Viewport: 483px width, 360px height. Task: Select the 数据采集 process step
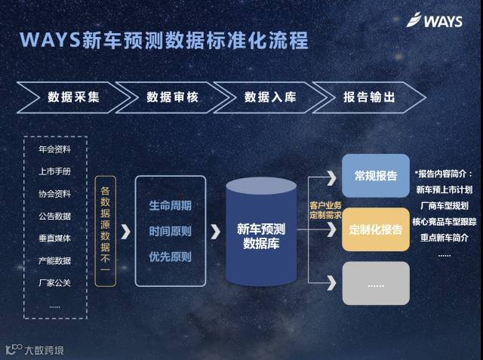73,97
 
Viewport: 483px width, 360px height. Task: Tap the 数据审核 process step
172,97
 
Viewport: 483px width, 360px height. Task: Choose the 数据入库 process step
270,97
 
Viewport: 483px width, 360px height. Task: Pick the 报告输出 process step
369,97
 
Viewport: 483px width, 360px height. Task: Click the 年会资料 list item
54,149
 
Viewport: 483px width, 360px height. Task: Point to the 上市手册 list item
54,171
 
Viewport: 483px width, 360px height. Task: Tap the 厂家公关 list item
54,283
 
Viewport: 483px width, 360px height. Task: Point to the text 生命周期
170,205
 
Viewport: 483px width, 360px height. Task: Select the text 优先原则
170,257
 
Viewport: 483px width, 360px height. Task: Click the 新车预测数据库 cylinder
261,234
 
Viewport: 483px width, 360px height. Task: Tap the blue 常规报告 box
375,176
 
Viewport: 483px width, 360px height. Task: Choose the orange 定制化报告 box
375,229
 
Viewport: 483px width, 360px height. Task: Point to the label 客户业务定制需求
325,210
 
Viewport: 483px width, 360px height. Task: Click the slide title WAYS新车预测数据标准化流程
164,40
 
